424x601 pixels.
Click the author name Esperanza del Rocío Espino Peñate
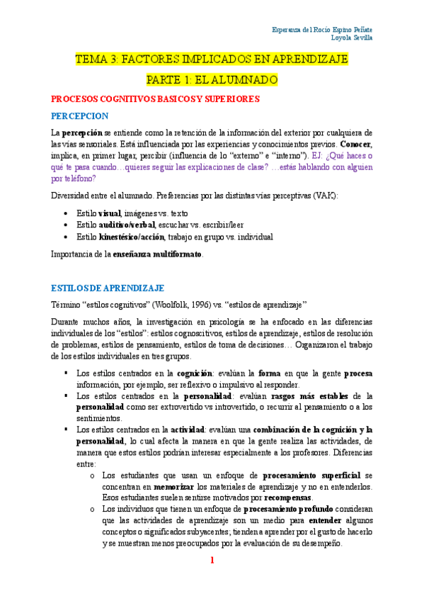[323, 29]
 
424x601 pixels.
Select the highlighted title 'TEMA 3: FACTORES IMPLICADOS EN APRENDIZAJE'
[212, 60]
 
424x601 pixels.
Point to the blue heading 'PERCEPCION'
[79, 115]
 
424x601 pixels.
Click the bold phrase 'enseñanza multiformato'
[158, 254]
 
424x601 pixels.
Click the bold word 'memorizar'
[175, 486]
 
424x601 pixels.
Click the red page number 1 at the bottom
[212, 561]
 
